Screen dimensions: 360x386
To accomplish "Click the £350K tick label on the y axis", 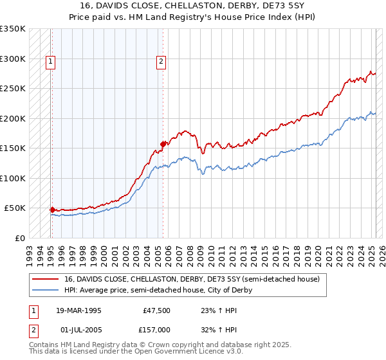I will click(x=13, y=29).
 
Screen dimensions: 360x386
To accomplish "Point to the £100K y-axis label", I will click(x=13, y=178).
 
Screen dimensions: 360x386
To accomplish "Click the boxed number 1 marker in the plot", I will click(x=50, y=62).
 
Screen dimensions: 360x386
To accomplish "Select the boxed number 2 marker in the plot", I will click(x=160, y=62).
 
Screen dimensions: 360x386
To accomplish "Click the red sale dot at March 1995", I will click(x=52, y=210).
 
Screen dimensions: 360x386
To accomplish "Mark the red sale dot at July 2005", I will click(x=163, y=144).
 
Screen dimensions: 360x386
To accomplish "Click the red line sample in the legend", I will click(x=46, y=279).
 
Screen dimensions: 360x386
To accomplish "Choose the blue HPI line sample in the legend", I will click(x=46, y=290).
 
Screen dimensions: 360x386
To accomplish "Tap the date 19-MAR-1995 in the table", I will click(x=78, y=310).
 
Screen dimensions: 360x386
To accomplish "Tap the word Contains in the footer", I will click(x=45, y=345).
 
